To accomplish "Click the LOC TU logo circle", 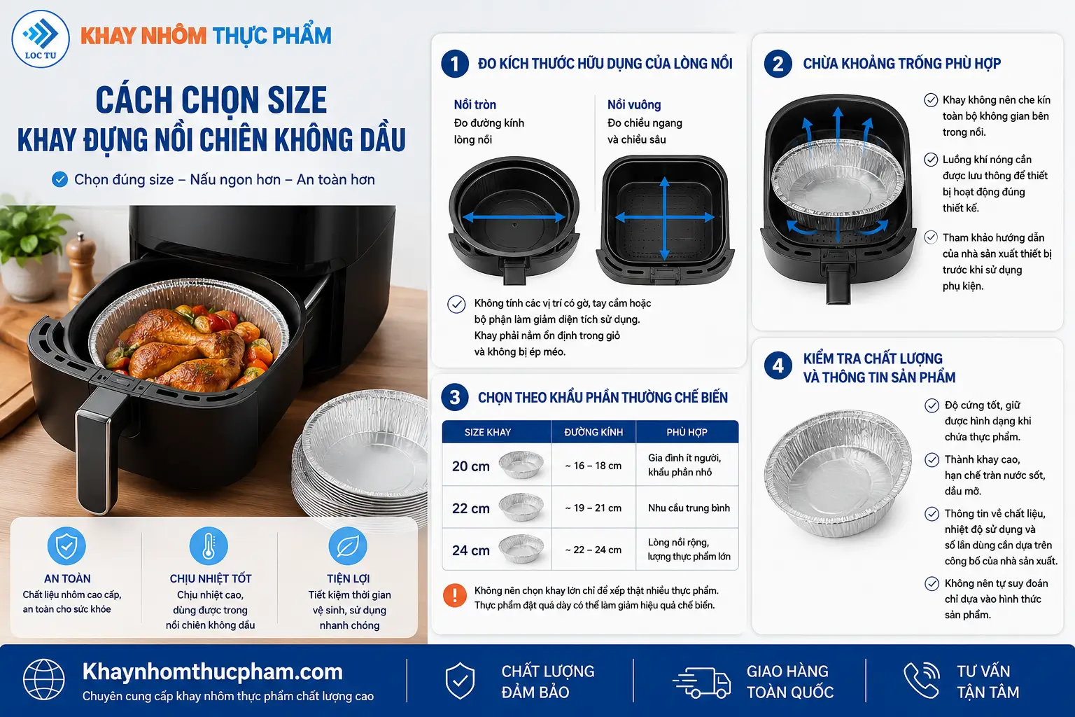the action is pos(41,39).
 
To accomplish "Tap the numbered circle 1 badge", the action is pos(454,64).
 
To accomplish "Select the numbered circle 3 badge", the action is pos(454,397).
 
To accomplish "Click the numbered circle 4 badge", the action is pos(778,366).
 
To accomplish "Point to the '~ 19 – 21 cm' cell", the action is pos(593,508).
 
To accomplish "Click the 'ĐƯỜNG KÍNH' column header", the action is pos(593,432).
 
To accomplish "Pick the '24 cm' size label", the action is pos(471,550).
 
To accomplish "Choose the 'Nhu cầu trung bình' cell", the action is pos(689,508).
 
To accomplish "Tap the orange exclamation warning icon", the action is pos(454,595).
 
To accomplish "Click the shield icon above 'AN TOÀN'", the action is pos(66,545).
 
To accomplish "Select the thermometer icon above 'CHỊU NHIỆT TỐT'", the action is pos(209,545).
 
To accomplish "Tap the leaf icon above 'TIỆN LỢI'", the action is pos(348,545).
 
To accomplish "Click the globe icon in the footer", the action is pos(43,680).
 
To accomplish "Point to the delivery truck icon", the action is pos(702,682).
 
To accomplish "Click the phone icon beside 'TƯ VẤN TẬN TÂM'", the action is pos(922,680).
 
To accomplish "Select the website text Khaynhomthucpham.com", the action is pos(213,671).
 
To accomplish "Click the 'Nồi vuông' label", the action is pos(634,105).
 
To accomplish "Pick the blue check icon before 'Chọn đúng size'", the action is pos(59,180).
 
